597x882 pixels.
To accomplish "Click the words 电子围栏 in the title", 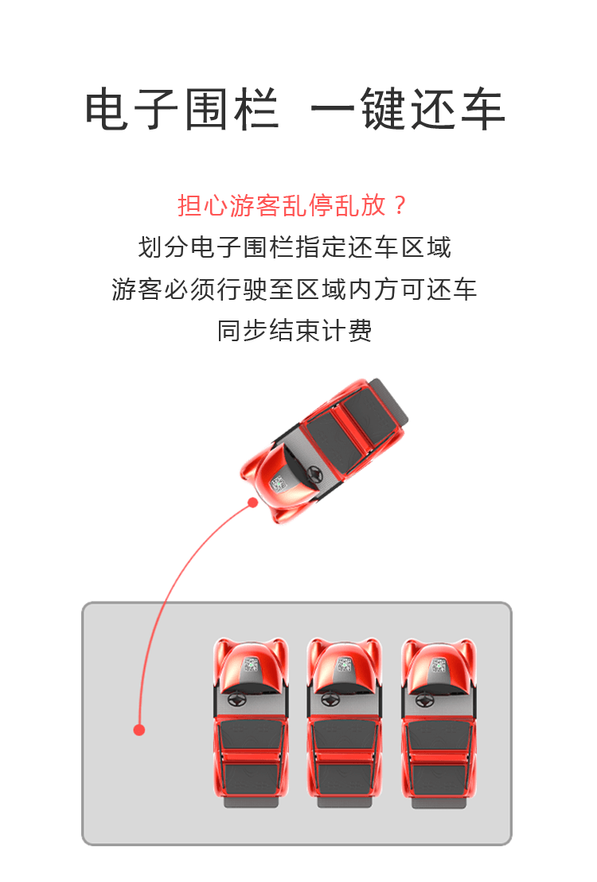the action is click(x=182, y=109).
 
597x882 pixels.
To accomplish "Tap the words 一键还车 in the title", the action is click(x=408, y=109).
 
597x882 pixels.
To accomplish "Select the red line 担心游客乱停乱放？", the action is click(x=292, y=205).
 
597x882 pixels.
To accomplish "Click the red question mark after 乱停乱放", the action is click(x=400, y=205).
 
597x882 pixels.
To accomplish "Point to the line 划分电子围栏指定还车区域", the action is click(x=295, y=247).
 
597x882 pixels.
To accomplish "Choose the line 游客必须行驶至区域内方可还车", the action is click(x=294, y=289).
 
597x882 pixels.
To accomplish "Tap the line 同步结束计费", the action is click(x=295, y=331).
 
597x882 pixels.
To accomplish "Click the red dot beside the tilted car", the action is click(x=253, y=503).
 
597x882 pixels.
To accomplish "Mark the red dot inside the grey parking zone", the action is click(x=139, y=729).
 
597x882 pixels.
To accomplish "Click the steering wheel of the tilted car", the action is click(x=311, y=475).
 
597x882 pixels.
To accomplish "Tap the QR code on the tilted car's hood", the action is click(x=279, y=484).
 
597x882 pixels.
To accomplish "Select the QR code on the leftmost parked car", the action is click(x=251, y=665).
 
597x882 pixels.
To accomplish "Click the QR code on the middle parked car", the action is click(x=345, y=665).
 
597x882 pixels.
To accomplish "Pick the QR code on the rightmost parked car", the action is click(x=439, y=665).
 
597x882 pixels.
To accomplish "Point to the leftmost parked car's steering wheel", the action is click(x=236, y=701).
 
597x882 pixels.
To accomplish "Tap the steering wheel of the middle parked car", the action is click(x=330, y=701).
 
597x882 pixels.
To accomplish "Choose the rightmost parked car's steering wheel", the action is click(x=424, y=701).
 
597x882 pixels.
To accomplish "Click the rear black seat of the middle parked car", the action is click(x=345, y=779).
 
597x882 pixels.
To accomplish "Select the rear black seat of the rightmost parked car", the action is click(x=439, y=779).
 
